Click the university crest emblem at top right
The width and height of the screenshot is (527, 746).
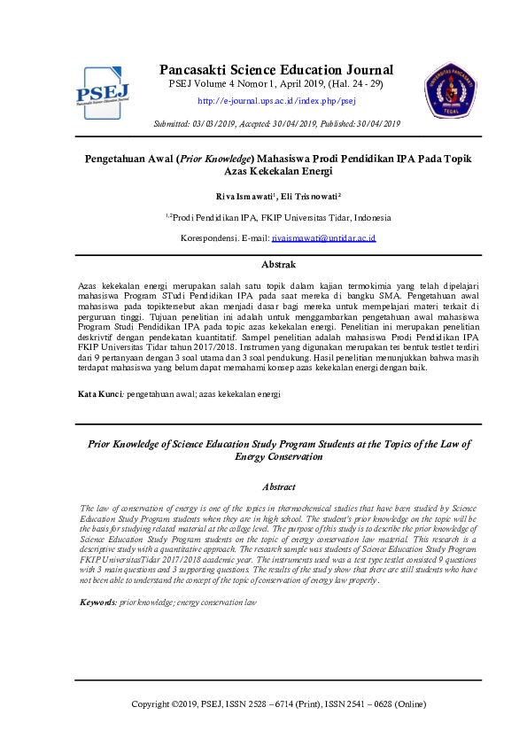[x=452, y=90]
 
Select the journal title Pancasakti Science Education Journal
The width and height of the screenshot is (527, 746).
[x=276, y=70]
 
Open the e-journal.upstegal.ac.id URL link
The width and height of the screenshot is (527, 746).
[x=276, y=101]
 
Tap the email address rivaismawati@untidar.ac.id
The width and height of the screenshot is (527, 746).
[x=324, y=238]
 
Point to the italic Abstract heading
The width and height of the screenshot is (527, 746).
[x=278, y=486]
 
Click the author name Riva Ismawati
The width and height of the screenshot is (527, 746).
[x=246, y=196]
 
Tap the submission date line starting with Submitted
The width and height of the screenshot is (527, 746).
[x=277, y=123]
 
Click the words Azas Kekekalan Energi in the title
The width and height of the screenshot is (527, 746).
[x=278, y=171]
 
